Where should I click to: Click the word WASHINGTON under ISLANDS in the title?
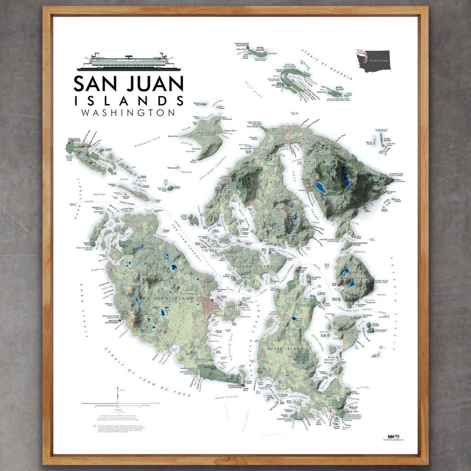tap(128, 113)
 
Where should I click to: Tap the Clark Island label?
tap(387, 140)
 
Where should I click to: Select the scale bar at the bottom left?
tap(118, 403)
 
